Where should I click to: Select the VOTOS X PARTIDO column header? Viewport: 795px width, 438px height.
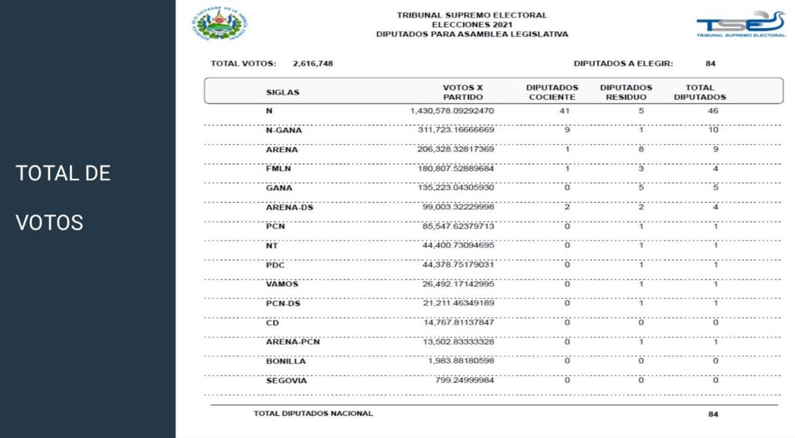pyautogui.click(x=462, y=92)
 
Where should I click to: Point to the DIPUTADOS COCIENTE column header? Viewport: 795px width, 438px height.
pyautogui.click(x=552, y=92)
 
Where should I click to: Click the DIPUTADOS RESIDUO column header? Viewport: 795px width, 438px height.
pyautogui.click(x=626, y=92)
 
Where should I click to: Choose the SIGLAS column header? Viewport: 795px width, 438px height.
pyautogui.click(x=282, y=92)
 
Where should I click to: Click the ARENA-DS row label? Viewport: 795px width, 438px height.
pyautogui.click(x=290, y=208)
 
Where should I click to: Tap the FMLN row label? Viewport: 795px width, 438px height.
pyautogui.click(x=278, y=169)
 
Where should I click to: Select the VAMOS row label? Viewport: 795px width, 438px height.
pyautogui.click(x=282, y=285)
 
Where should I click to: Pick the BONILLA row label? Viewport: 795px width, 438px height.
pyautogui.click(x=286, y=361)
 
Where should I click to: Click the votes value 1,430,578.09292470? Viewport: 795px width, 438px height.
pyautogui.click(x=452, y=111)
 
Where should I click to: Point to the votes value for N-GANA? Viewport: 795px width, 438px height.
pyautogui.click(x=455, y=130)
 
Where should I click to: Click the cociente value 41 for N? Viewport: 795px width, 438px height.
pyautogui.click(x=565, y=111)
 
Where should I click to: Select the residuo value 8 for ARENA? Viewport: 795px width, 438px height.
pyautogui.click(x=640, y=150)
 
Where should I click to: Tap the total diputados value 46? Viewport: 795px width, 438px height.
pyautogui.click(x=713, y=111)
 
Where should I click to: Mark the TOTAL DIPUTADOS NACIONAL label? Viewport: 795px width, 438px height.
pyautogui.click(x=313, y=414)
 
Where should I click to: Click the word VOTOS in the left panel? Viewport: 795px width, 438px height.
pyautogui.click(x=49, y=223)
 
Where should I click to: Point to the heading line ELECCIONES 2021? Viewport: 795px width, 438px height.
pyautogui.click(x=472, y=25)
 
